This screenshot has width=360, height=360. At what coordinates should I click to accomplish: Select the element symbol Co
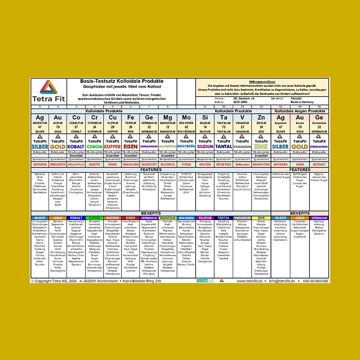[76, 117]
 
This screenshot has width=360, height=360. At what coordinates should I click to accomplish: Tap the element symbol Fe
[131, 117]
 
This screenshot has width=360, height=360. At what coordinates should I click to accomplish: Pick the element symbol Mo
[186, 117]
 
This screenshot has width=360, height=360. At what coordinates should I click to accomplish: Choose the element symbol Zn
[261, 117]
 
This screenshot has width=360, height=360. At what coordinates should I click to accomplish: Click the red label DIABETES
[94, 165]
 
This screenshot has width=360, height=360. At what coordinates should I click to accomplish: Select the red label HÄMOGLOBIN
[131, 165]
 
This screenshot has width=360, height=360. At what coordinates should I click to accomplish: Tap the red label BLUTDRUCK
[168, 165]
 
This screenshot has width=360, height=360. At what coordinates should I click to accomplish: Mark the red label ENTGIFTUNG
[224, 165]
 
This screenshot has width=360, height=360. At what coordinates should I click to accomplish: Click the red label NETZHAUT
[319, 165]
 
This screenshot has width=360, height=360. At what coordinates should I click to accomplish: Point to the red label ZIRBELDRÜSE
[58, 165]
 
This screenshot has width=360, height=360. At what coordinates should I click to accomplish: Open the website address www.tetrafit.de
[253, 281]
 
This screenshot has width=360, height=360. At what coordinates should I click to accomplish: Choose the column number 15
[319, 107]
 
